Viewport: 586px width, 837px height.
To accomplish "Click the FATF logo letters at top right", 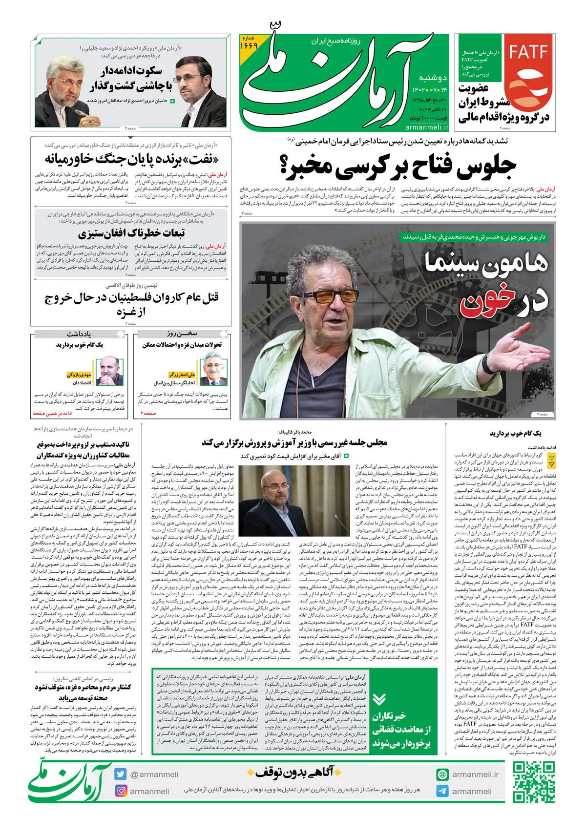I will pos(529,52).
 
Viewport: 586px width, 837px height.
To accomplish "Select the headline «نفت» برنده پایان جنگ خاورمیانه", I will pos(131,159).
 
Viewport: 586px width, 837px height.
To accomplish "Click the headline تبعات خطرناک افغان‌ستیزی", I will pos(131,232).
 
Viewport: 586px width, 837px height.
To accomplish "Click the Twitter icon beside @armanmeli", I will pos(121,774).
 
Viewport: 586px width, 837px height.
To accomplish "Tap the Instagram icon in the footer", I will pos(121,791).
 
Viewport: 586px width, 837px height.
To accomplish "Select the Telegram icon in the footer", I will pos(442,791).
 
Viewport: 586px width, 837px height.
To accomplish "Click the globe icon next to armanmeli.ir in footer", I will pos(442,774).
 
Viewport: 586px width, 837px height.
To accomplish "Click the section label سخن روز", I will pos(182,334).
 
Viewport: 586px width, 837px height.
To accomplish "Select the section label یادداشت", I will pos(79,334).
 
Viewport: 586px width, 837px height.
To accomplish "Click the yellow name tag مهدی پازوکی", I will pos(79,375).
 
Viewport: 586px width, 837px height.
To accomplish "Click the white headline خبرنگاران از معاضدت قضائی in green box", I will pos(401,730).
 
